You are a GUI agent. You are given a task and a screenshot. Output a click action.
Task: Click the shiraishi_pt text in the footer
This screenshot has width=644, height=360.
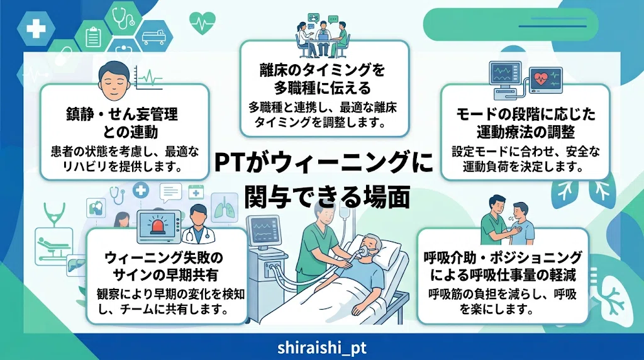[x=321, y=348]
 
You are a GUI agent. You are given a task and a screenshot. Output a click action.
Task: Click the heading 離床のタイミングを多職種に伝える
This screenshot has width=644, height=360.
[x=323, y=79]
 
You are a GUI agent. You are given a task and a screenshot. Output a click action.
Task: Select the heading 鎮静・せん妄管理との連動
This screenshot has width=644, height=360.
[x=123, y=123]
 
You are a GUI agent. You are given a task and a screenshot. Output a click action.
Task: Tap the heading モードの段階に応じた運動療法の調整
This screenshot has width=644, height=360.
[x=525, y=123]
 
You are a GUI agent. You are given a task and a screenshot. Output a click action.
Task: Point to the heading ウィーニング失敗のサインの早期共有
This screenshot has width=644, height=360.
[x=164, y=266]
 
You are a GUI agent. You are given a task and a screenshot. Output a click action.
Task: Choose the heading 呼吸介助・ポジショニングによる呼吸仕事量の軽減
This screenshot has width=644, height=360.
[x=502, y=266]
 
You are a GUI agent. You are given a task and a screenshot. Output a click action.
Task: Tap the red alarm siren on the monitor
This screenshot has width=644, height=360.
[x=157, y=226]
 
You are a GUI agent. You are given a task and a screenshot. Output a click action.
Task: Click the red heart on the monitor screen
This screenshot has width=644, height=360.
[x=541, y=78]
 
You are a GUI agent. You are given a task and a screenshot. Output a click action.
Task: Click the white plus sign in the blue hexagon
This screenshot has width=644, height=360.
[x=35, y=29]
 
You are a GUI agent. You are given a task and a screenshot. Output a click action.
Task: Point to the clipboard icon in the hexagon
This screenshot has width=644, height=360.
[x=94, y=37]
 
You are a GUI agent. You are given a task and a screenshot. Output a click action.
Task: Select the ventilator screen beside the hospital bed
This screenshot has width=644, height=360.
[x=264, y=230]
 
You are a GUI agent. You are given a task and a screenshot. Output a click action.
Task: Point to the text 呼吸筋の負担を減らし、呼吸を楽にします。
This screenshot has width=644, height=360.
[x=502, y=301]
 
